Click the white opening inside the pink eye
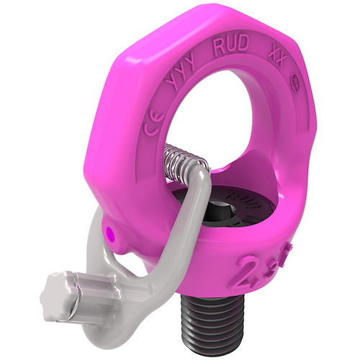(x=230, y=144)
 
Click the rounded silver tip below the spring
(x=200, y=188)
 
